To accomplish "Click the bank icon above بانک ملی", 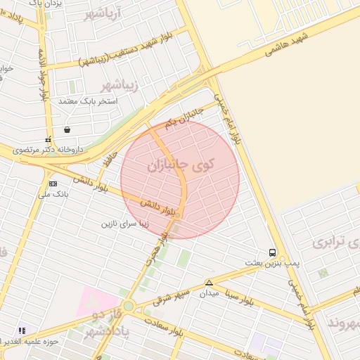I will click(53, 184).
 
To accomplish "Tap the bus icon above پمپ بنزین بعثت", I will click(272, 252).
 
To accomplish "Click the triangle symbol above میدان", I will click(209, 283).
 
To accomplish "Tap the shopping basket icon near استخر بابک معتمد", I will click(67, 129).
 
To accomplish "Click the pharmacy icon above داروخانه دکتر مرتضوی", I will click(48, 139).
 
